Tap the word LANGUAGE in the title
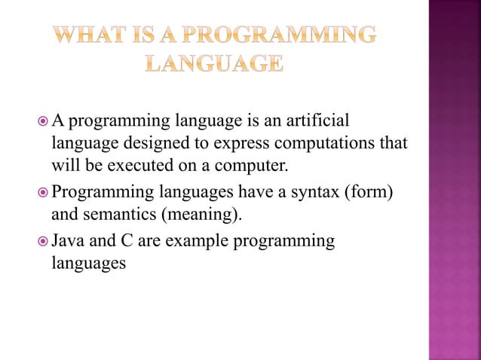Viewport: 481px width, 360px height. click(214, 64)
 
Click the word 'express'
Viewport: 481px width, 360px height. click(246, 143)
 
